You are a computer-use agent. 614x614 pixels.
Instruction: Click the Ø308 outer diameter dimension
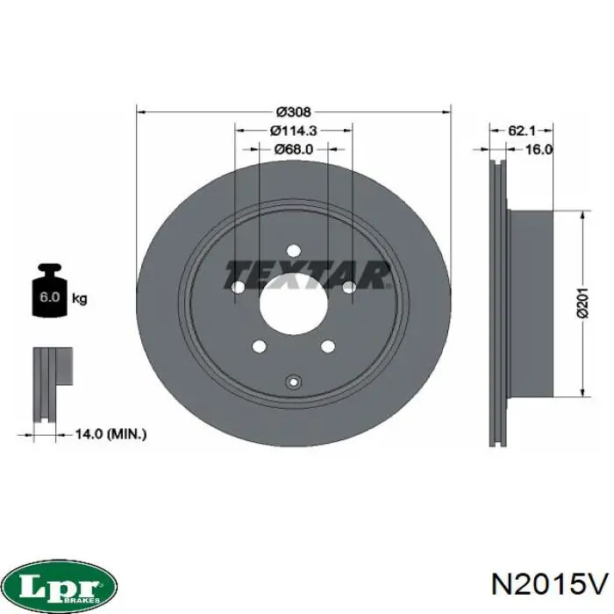click(293, 112)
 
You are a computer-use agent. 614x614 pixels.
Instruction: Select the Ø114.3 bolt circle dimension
click(293, 131)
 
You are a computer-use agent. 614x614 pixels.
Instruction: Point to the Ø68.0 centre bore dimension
click(294, 149)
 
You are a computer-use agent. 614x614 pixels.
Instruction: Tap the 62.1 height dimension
click(522, 131)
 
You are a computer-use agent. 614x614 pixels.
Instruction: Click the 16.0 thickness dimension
click(539, 149)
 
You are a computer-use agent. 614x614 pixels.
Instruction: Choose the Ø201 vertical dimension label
click(583, 303)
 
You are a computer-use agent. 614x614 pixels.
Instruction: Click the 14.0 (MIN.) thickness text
click(111, 434)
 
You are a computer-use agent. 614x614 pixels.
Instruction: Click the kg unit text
click(80, 298)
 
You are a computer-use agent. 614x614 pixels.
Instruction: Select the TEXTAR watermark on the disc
click(307, 275)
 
